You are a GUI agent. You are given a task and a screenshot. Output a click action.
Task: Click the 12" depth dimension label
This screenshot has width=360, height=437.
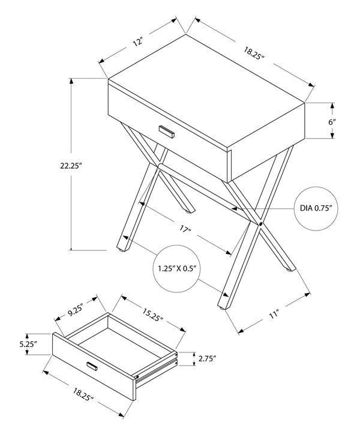139,42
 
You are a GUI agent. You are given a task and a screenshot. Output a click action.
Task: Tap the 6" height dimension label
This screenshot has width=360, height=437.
331,121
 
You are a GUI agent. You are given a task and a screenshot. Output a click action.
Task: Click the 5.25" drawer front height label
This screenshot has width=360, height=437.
28,345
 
